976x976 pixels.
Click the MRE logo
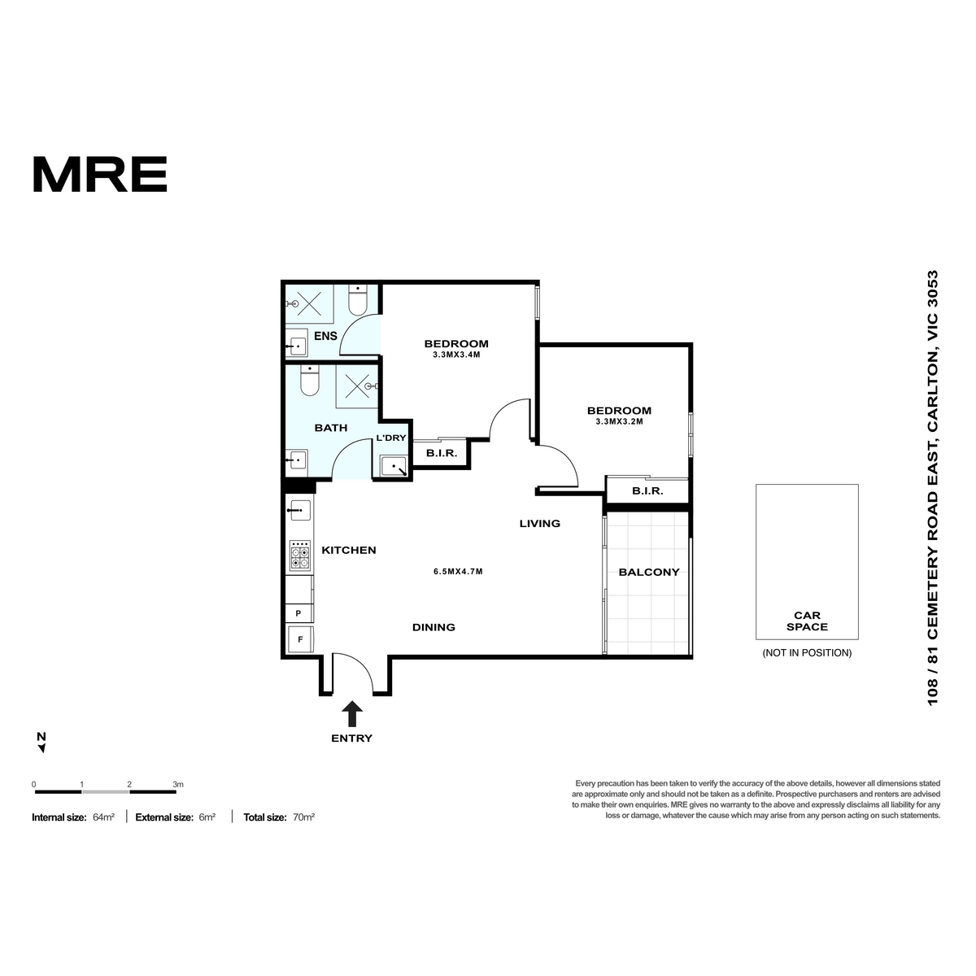point(100,174)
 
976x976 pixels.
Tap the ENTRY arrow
point(351,713)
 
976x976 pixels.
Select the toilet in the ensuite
point(358,299)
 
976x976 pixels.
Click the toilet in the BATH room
point(309,381)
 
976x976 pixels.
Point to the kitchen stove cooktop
point(299,556)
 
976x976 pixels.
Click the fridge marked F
point(300,639)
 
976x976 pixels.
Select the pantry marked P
point(298,613)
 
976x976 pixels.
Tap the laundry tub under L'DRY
point(394,465)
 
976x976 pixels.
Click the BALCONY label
point(648,572)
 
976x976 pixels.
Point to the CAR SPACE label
point(807,621)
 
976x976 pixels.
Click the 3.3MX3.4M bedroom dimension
point(456,355)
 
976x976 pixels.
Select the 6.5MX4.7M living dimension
point(458,571)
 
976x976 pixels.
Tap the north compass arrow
point(42,748)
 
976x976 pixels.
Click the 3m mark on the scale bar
point(178,785)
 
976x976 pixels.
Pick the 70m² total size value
point(304,817)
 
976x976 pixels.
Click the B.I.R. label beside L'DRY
point(442,453)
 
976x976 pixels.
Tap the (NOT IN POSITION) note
point(807,653)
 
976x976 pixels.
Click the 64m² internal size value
point(104,817)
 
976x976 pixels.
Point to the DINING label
point(434,627)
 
